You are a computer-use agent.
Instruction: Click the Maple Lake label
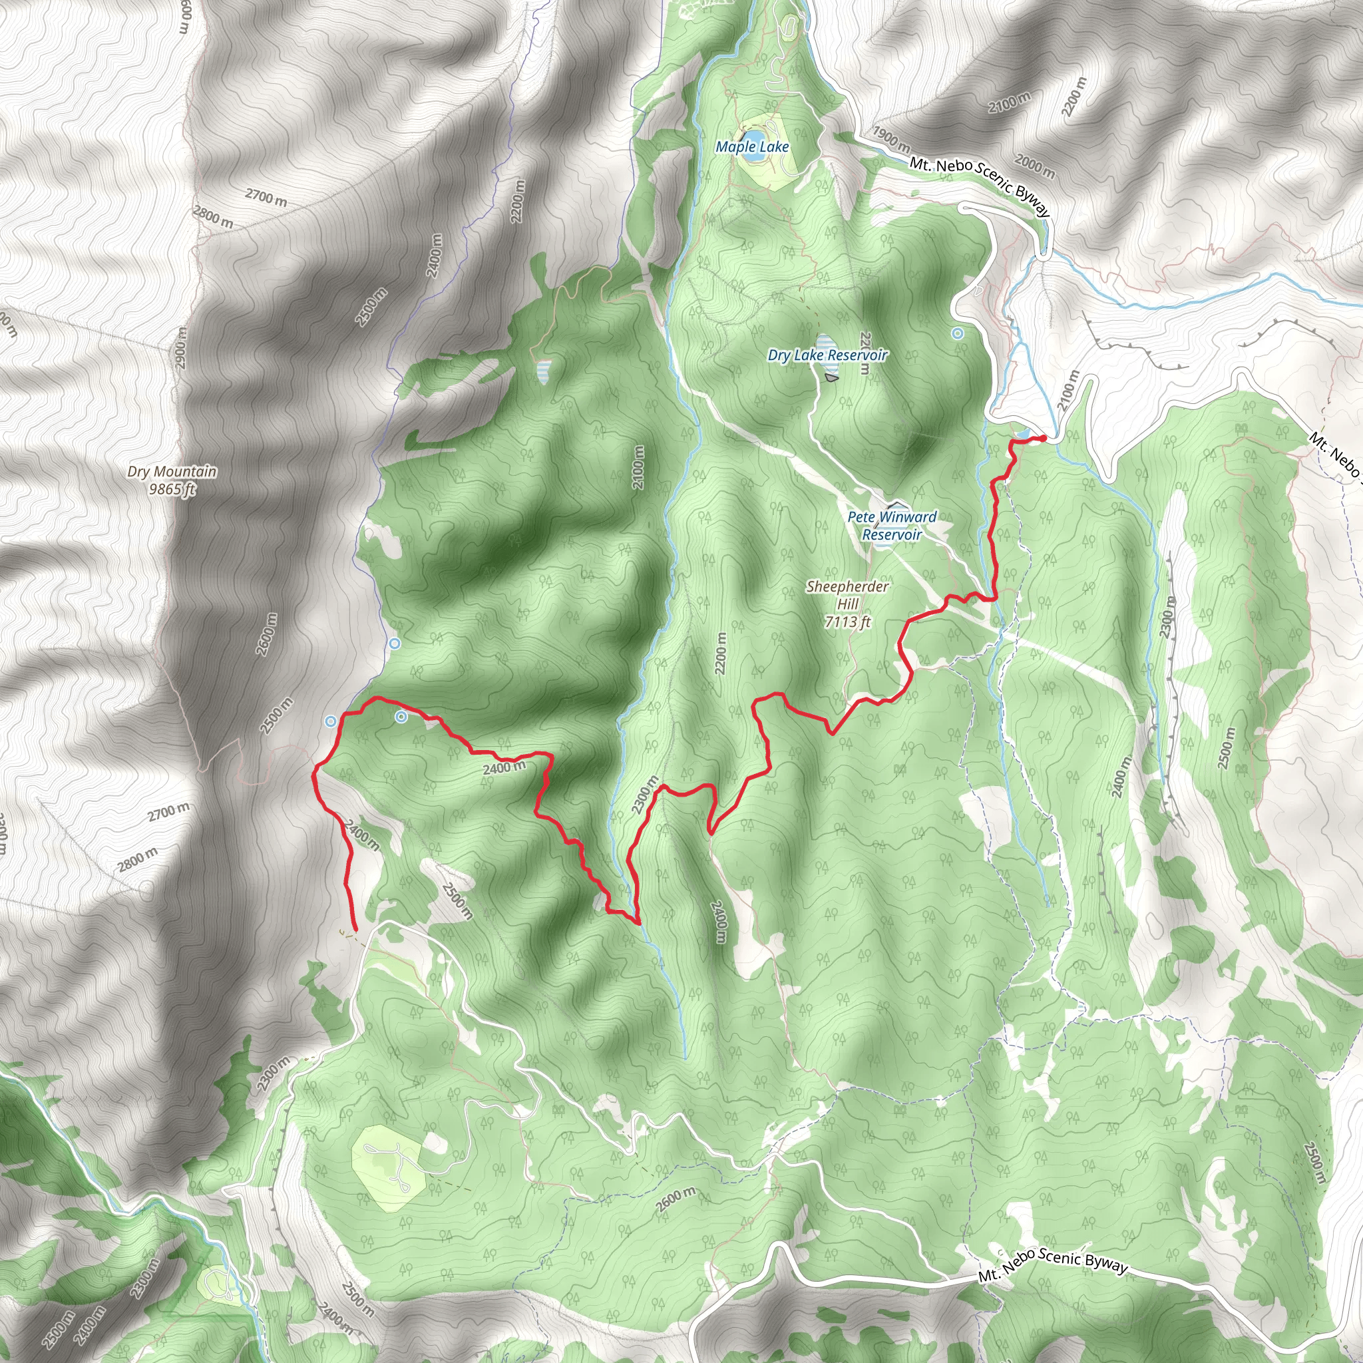click(752, 146)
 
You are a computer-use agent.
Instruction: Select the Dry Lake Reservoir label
click(827, 355)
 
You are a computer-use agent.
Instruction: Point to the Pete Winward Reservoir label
click(892, 526)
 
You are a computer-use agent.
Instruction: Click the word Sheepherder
click(847, 586)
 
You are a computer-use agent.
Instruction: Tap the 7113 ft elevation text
click(847, 622)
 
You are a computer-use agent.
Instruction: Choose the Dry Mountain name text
click(172, 471)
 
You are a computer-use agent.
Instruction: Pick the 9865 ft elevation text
click(172, 488)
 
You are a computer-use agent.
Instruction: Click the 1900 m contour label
click(891, 137)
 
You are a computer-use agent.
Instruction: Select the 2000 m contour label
click(1034, 166)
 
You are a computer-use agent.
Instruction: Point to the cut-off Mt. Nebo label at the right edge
click(1335, 455)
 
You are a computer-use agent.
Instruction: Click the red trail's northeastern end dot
click(1043, 439)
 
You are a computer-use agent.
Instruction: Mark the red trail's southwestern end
click(355, 930)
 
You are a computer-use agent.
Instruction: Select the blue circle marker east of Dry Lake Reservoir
click(957, 333)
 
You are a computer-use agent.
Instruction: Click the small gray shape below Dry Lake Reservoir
click(832, 378)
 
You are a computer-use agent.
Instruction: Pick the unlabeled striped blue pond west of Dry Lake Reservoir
click(543, 371)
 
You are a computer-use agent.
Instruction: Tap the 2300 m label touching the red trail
click(645, 795)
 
